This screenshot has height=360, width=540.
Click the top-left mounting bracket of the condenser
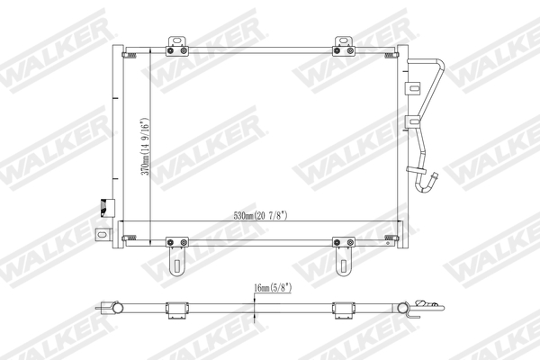click(x=177, y=43)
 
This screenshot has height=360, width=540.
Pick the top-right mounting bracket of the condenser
click(x=343, y=43)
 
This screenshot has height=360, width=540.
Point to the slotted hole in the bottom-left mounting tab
click(x=176, y=265)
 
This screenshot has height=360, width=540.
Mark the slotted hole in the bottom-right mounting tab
click(x=343, y=265)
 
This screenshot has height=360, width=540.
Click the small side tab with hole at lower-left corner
click(x=102, y=235)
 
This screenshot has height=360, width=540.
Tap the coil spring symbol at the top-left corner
click(x=131, y=56)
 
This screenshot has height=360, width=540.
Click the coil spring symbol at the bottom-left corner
click(x=131, y=239)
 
